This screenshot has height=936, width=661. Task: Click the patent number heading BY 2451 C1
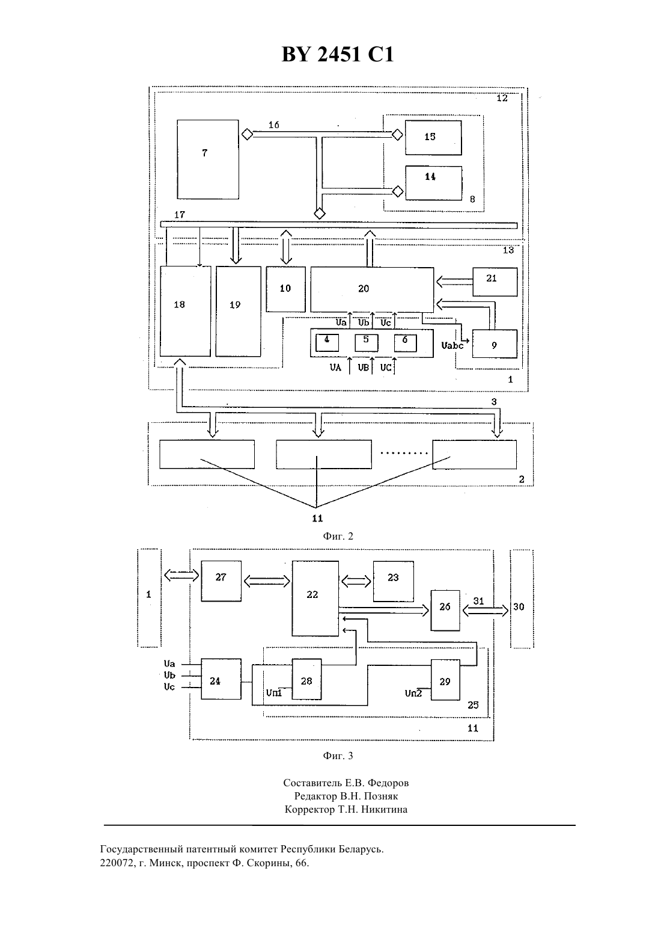(x=338, y=54)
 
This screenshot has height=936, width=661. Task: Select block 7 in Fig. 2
(x=208, y=159)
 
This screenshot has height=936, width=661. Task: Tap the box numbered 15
(x=433, y=138)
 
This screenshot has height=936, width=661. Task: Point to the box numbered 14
(x=434, y=183)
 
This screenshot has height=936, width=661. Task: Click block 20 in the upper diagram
(x=372, y=289)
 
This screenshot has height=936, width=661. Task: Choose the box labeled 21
(x=495, y=282)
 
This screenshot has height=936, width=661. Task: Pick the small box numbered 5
(x=367, y=343)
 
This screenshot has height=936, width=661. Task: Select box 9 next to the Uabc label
(x=495, y=343)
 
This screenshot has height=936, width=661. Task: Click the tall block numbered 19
(x=239, y=311)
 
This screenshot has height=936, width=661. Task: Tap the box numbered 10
(x=286, y=289)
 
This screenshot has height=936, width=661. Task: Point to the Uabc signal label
(x=452, y=345)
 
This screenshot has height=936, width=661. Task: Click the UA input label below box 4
(x=335, y=368)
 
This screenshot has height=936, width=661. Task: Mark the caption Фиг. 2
(x=338, y=536)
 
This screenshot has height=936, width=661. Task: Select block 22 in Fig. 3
(x=315, y=599)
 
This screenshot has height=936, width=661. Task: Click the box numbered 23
(x=394, y=581)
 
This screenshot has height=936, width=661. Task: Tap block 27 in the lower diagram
(x=221, y=581)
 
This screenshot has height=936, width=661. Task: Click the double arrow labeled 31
(x=486, y=611)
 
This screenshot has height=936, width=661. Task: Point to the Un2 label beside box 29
(x=413, y=693)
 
